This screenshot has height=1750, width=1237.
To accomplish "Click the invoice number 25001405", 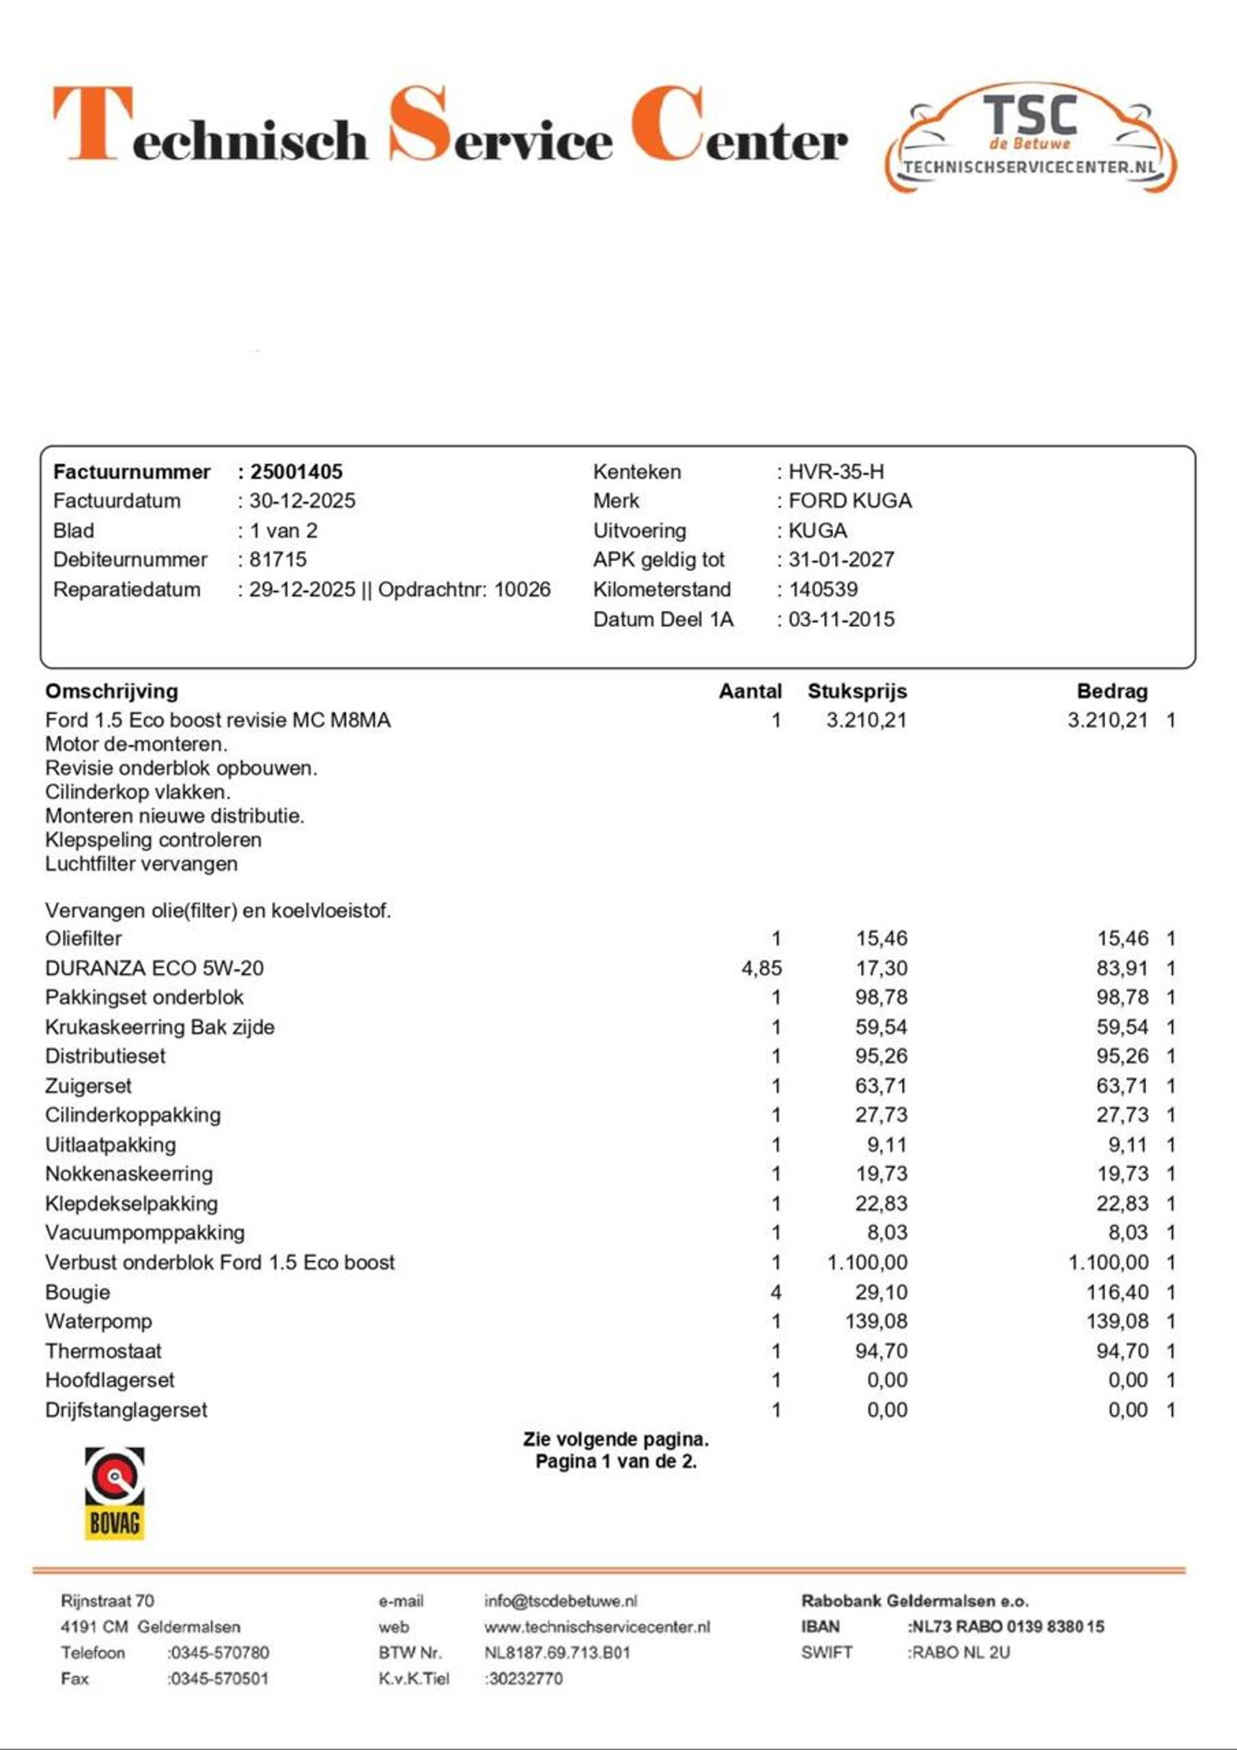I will (296, 472).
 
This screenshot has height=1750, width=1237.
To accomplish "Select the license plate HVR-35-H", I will (836, 472).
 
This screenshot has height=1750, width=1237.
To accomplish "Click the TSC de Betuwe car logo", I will (1030, 137).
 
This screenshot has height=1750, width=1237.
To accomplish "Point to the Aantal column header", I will (750, 691).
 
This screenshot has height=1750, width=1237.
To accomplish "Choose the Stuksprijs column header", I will (857, 691).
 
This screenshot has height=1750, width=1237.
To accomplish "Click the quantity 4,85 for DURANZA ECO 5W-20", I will (762, 968).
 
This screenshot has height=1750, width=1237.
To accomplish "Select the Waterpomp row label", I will (99, 1321).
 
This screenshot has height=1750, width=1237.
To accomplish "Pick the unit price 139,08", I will (876, 1321).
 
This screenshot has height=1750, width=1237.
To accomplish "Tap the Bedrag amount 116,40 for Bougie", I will (1117, 1292).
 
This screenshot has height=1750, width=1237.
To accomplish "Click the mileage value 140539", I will (823, 589).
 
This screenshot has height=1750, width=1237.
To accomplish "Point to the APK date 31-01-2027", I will (841, 559).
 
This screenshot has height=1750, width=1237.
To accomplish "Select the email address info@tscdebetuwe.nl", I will (561, 1601).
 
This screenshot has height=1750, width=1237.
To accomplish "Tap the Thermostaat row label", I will (103, 1351).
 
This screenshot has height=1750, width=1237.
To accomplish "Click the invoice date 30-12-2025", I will (302, 501).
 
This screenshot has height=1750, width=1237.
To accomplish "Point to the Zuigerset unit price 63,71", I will (881, 1085).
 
